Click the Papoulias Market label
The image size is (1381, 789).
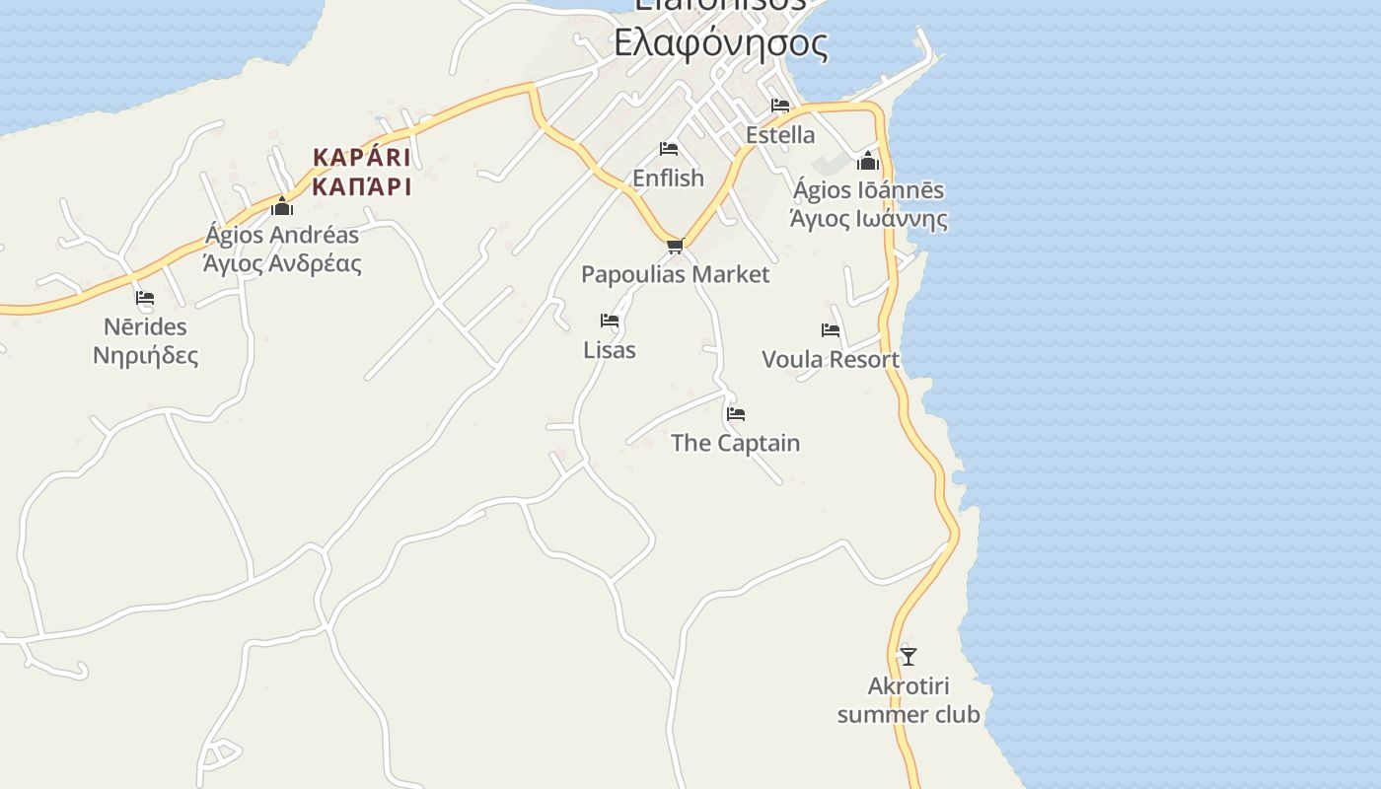click(675, 274)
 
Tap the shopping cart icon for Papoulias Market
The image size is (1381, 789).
click(675, 246)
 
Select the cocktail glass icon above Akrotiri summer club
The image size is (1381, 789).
click(909, 656)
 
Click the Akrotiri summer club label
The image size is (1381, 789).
click(909, 700)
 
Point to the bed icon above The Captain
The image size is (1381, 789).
click(736, 414)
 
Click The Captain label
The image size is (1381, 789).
click(735, 443)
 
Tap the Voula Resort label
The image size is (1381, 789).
click(831, 360)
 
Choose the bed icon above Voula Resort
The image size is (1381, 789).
click(831, 330)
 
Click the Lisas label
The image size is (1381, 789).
click(610, 350)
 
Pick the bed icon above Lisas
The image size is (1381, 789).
click(610, 321)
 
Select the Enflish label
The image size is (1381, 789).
click(668, 179)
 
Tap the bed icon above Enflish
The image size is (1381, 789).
click(669, 149)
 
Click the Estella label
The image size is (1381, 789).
click(780, 135)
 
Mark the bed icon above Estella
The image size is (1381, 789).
click(780, 105)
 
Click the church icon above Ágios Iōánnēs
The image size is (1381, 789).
click(868, 161)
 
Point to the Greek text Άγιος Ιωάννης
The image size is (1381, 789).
click(868, 219)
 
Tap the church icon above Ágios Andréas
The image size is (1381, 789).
click(283, 206)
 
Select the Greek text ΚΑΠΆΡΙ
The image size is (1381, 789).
click(362, 186)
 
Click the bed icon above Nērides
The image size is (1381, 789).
click(145, 297)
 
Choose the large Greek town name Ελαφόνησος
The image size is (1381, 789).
click(720, 43)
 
